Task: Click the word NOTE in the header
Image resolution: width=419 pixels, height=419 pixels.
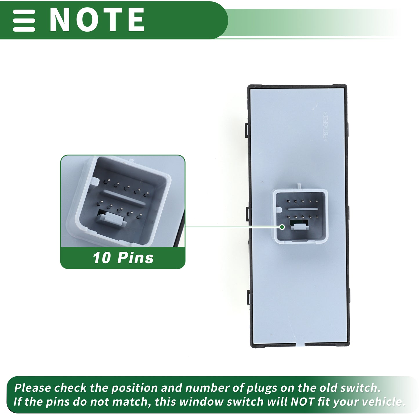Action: click(x=97, y=20)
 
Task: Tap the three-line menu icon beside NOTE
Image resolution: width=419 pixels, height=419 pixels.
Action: click(x=24, y=20)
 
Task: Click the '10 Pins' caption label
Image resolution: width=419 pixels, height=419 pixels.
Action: click(x=123, y=258)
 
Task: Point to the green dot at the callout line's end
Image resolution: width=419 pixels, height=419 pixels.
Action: click(x=282, y=227)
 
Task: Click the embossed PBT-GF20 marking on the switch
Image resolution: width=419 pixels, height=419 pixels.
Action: click(x=326, y=126)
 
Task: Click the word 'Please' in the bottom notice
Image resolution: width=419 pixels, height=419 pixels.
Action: click(x=32, y=388)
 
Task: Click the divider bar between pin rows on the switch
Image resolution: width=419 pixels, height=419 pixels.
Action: click(x=303, y=209)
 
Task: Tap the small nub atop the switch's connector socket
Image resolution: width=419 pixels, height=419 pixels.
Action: click(x=299, y=186)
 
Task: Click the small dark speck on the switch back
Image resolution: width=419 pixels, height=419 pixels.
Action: click(x=263, y=182)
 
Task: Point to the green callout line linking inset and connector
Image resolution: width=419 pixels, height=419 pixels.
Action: click(x=232, y=227)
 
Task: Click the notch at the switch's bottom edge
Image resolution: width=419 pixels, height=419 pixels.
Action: click(x=300, y=344)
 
